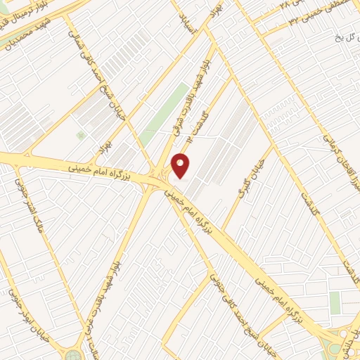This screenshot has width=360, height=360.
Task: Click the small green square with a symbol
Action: [81, 134]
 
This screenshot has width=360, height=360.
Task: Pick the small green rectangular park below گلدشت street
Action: [335, 303]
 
